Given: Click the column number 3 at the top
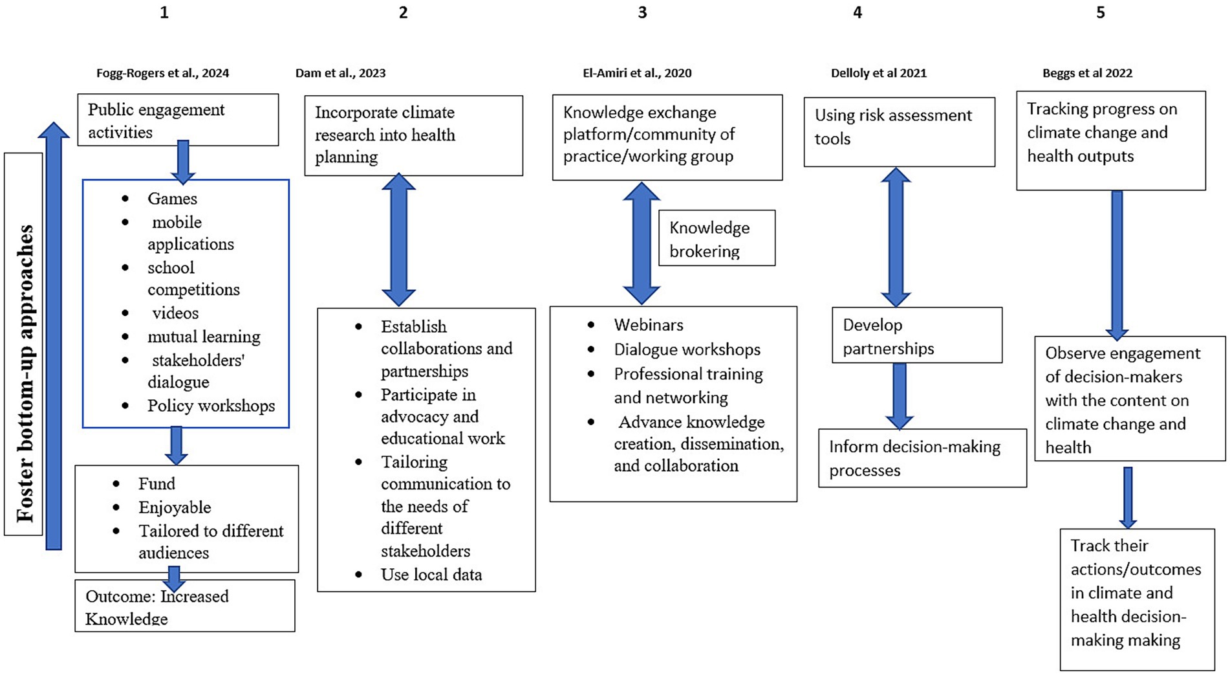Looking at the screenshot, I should [642, 13].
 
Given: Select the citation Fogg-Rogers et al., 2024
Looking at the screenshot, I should [162, 73].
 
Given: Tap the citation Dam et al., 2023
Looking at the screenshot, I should [340, 73].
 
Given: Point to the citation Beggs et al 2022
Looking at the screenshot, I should [1087, 73].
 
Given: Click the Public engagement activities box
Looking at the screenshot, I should [178, 120].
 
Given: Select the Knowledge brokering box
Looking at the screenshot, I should [717, 238].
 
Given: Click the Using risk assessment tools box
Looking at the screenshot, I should [899, 131].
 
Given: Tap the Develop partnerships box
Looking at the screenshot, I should [916, 335].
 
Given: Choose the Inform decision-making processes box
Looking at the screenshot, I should [922, 458].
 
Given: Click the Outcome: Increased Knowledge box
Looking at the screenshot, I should [184, 606].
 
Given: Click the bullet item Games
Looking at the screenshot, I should [172, 199].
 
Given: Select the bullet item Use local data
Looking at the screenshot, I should [431, 575].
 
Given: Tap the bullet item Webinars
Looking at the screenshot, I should [648, 325].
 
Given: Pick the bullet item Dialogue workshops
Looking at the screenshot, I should [687, 349].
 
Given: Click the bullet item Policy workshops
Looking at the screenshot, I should [211, 406].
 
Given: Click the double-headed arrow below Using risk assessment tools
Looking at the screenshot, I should [896, 237].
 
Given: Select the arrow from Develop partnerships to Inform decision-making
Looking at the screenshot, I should [899, 395].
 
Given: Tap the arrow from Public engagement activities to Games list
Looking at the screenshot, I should [183, 161].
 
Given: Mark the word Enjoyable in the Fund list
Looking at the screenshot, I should [175, 507].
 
